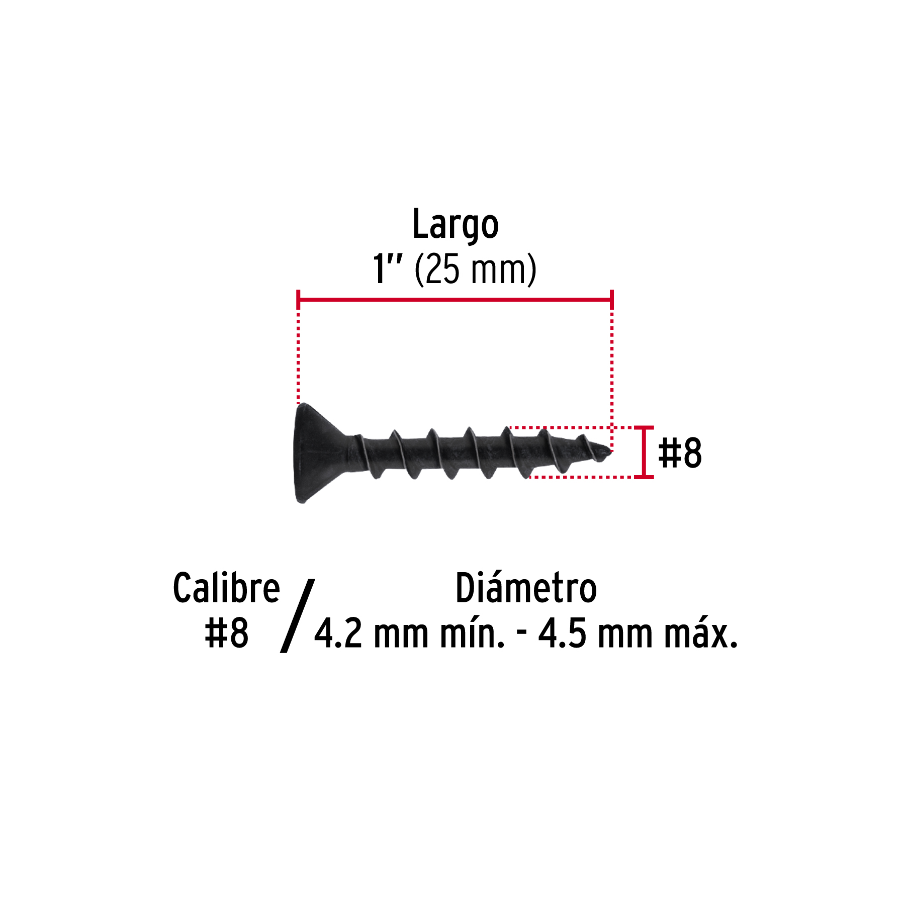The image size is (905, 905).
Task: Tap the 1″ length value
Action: coord(387,268)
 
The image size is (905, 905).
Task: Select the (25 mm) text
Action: coord(476,269)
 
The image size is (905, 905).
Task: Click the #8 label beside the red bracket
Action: coord(680,452)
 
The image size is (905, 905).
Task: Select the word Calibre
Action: coord(226,588)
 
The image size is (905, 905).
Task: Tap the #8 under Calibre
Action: coord(227,633)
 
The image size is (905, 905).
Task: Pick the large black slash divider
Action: coord(297,616)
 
